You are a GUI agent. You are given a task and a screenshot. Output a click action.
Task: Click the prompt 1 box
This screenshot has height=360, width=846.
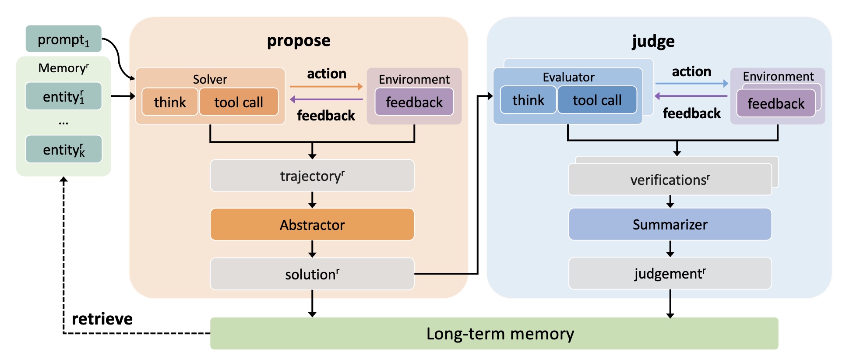[x=63, y=39]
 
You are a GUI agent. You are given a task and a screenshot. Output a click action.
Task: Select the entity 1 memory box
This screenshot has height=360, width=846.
[x=63, y=96]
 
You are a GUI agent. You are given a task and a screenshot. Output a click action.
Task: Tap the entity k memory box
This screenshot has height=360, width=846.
[x=63, y=149]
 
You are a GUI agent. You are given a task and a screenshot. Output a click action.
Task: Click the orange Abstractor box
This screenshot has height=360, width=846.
[x=312, y=225]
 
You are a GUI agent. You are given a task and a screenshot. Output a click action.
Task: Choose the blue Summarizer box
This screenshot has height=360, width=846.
[x=670, y=225]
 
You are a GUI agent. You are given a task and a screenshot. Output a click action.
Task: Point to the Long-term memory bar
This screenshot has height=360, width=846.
[x=494, y=334]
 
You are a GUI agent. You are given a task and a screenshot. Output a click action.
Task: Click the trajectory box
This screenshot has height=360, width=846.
[x=312, y=176]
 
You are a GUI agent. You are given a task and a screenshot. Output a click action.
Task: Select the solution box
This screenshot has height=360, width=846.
[x=312, y=274]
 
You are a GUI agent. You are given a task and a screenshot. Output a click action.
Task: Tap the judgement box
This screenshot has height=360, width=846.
[x=670, y=274]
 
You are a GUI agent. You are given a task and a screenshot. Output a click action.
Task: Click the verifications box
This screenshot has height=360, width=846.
[x=670, y=180]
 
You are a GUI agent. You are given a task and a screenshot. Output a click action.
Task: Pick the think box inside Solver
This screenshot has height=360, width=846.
[x=170, y=102]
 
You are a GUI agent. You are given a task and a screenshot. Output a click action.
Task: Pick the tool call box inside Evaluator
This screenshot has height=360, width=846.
[x=597, y=100]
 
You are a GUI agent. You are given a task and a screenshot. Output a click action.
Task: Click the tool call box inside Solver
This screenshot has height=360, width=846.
[x=239, y=102]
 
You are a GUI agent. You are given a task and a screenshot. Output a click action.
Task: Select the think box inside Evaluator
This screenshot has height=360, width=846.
[x=528, y=100]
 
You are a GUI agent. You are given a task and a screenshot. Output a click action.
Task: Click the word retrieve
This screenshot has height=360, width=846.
[x=102, y=319]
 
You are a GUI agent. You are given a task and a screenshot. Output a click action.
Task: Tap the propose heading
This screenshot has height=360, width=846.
[x=299, y=41]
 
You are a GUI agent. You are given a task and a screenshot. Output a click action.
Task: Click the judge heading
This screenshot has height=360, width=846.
[x=653, y=42]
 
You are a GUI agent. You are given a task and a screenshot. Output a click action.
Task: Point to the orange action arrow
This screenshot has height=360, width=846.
[x=326, y=87]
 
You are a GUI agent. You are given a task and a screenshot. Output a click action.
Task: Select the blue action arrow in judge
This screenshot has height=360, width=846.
[x=691, y=83]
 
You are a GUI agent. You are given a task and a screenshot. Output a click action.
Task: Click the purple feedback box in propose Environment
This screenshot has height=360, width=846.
[x=414, y=102]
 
